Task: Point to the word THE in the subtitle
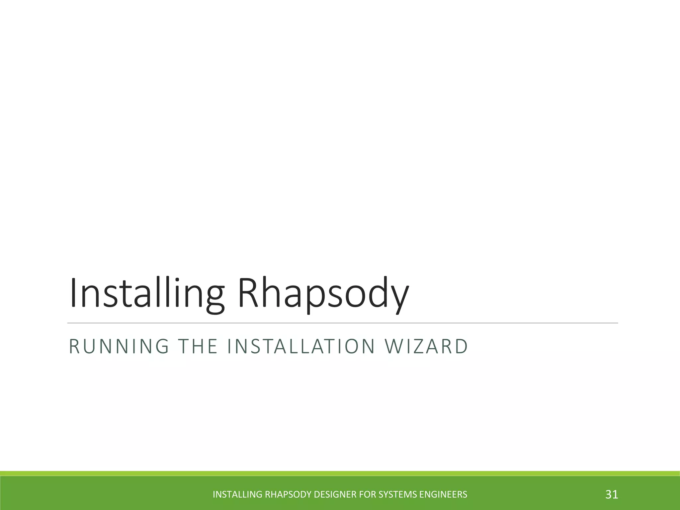(198, 346)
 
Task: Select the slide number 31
(612, 494)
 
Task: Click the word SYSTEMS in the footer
(398, 494)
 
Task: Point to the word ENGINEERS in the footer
(443, 494)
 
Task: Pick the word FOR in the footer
(369, 494)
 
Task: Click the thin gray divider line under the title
(342, 323)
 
